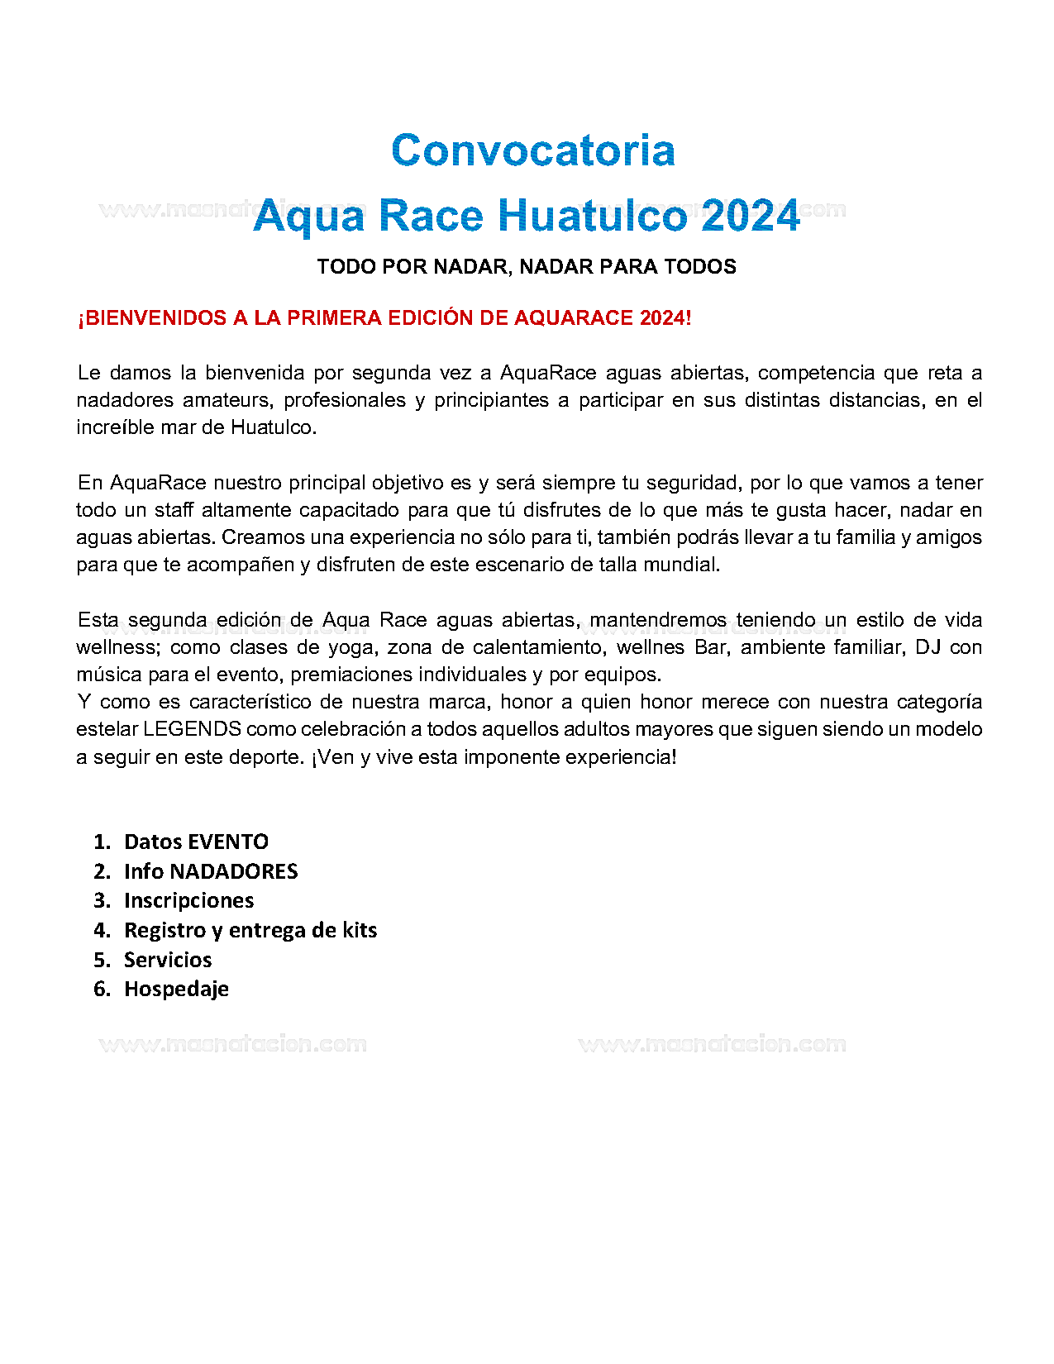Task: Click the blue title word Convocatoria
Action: [x=533, y=150]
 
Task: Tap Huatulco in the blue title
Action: [x=592, y=216]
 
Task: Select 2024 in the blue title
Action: [x=751, y=216]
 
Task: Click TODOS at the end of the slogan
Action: [x=700, y=267]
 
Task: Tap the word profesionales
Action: [x=345, y=400]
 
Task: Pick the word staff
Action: [x=174, y=510]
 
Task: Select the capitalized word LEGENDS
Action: [x=192, y=729]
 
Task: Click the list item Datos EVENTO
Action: [x=196, y=842]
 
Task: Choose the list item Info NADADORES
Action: [x=211, y=871]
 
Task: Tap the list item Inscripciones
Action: [x=188, y=900]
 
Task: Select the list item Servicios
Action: [x=168, y=960]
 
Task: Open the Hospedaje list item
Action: [x=176, y=989]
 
